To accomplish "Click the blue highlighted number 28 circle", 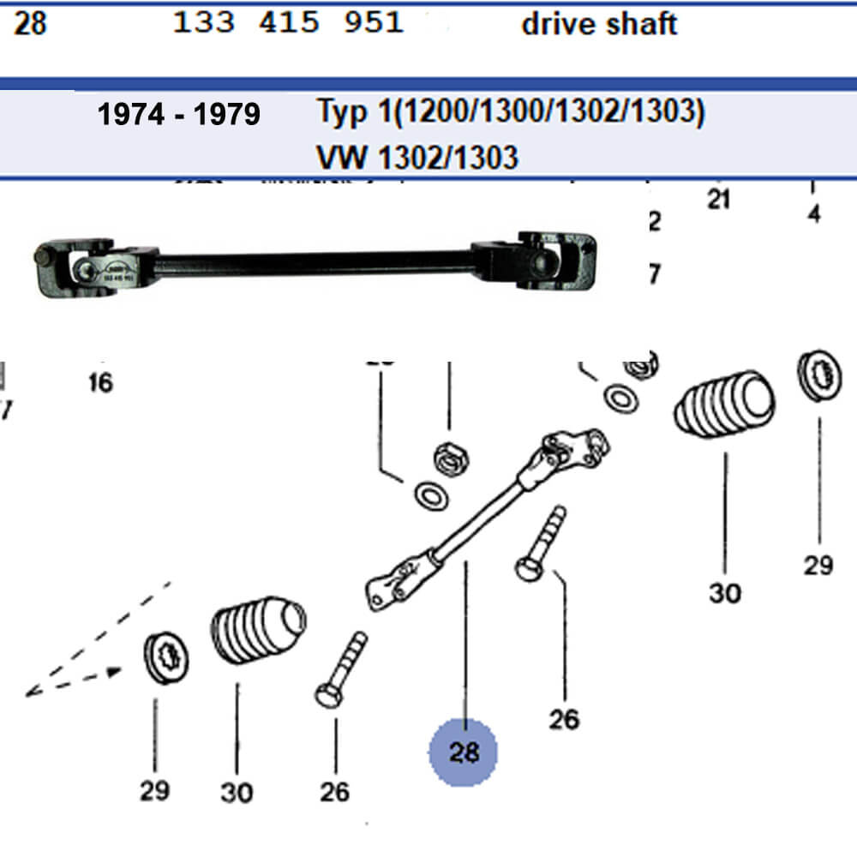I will tap(464, 752).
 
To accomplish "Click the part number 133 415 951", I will tap(288, 23).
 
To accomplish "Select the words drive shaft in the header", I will tap(599, 24).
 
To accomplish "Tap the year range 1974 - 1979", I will tap(178, 115).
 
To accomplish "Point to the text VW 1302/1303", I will tap(417, 157).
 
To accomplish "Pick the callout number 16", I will tap(100, 382).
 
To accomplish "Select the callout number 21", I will tap(718, 200).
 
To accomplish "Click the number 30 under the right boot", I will tap(725, 592).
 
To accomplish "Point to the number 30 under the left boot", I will tap(237, 793).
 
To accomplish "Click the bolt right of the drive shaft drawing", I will tap(540, 542).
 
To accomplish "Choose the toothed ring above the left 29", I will tap(166, 656).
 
